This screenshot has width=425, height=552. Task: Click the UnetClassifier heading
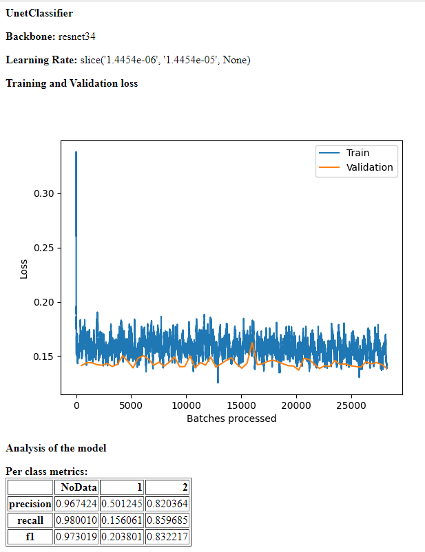point(39,13)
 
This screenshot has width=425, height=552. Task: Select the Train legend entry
point(357,153)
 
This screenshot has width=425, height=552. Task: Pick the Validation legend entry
point(369,167)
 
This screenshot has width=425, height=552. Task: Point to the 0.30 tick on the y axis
point(43,193)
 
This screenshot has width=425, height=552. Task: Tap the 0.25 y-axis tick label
point(43,248)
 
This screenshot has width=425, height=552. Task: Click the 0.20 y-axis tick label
point(43,302)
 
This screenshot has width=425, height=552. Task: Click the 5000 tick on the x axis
point(131,405)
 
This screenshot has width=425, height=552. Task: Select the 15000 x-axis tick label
point(240,405)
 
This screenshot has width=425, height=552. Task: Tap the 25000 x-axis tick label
point(350,405)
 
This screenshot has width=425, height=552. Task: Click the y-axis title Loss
point(23,268)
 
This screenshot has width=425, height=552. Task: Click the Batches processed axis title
point(231,418)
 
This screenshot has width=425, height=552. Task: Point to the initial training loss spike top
point(76,152)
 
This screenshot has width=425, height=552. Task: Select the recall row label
point(30,521)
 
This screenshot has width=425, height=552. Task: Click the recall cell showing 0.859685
point(167,521)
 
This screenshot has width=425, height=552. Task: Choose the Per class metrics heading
point(46,472)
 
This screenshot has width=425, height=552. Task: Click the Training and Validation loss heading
point(72,83)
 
